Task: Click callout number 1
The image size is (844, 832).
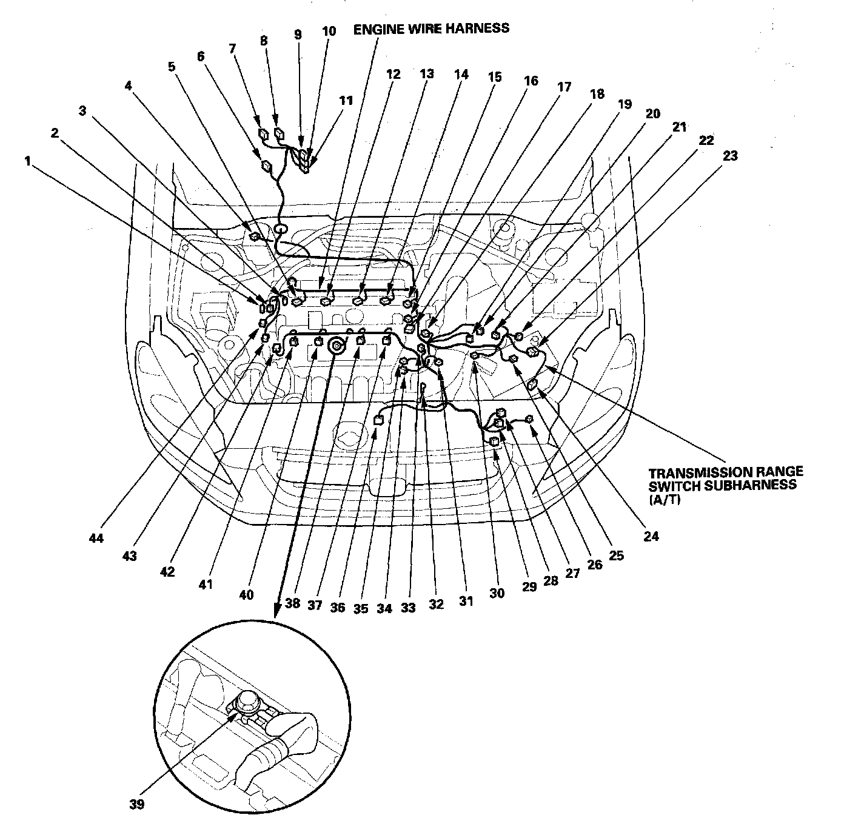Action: click(27, 161)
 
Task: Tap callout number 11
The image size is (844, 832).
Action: click(346, 101)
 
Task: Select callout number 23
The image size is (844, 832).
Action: click(730, 156)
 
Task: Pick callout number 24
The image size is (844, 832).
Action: click(651, 536)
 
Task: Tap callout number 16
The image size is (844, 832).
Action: click(531, 81)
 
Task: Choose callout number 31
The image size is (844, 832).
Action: click(465, 601)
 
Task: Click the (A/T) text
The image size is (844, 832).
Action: click(660, 496)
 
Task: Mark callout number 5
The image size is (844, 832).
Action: click(172, 67)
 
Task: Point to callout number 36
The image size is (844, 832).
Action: click(338, 607)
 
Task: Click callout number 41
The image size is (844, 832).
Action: click(207, 584)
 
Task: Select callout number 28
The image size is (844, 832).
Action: click(550, 580)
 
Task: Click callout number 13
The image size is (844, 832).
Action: click(427, 74)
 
